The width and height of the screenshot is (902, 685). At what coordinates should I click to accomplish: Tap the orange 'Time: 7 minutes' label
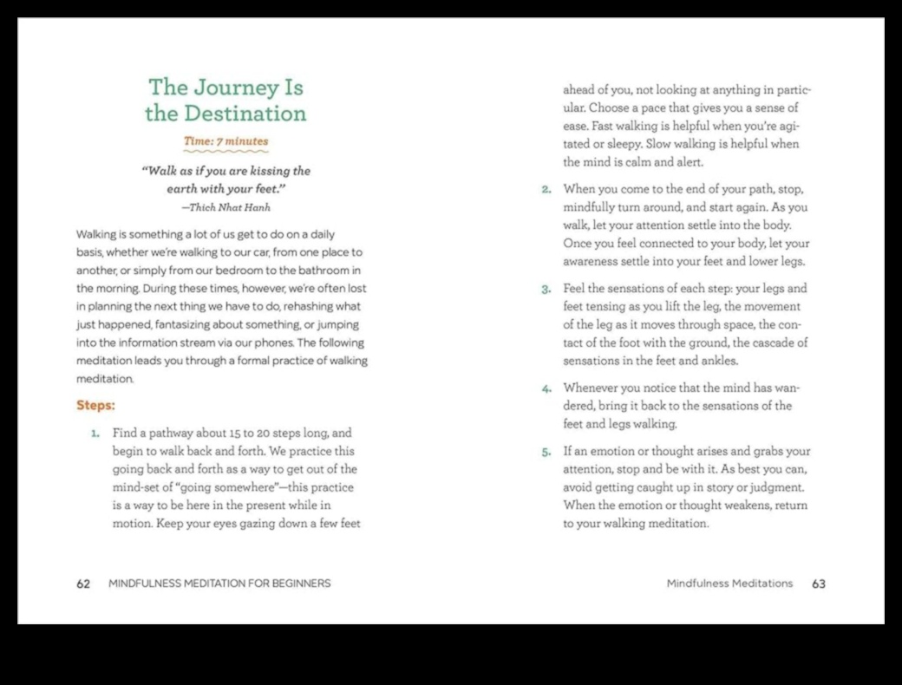tap(225, 141)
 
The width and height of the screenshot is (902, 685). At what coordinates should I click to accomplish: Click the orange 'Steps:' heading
tap(95, 405)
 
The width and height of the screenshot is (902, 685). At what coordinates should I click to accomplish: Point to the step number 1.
tap(96, 432)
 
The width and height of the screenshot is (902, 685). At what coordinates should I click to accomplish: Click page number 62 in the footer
tap(83, 584)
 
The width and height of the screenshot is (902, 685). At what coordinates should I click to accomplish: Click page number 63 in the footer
tap(818, 584)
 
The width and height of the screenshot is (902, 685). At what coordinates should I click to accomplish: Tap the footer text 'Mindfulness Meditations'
tap(729, 584)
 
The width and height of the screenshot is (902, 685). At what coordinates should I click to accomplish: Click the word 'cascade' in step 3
tap(764, 343)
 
